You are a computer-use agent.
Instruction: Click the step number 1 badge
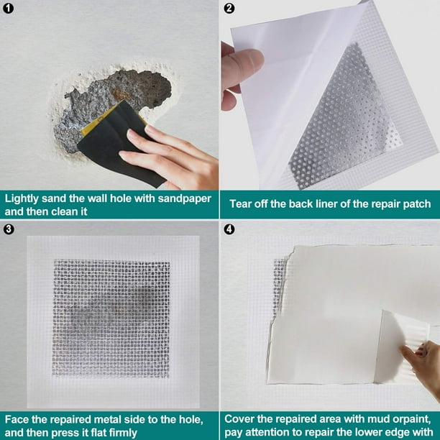pyautogui.click(x=9, y=9)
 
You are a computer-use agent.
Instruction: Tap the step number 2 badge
pyautogui.click(x=229, y=9)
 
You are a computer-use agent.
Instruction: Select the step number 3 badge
pyautogui.click(x=9, y=229)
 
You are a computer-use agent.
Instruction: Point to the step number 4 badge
pyautogui.click(x=229, y=229)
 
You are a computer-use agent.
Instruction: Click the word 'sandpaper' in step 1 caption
pyautogui.click(x=184, y=199)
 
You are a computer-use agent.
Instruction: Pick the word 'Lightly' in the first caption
pyautogui.click(x=22, y=199)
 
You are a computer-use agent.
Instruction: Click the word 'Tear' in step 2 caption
pyautogui.click(x=239, y=204)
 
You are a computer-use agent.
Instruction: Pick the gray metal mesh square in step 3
pyautogui.click(x=111, y=318)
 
